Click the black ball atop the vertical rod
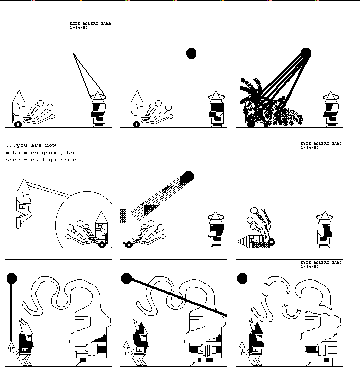[12, 278]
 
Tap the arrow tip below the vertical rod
[11, 343]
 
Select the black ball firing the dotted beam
[189, 176]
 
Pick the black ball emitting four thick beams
[306, 53]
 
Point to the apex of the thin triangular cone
[73, 53]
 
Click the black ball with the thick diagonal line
[127, 278]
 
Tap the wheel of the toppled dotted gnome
[271, 242]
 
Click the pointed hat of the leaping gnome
[24, 185]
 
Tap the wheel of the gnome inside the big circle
[102, 244]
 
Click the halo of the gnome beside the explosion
[331, 97]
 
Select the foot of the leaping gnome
[19, 222]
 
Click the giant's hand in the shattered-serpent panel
[323, 349]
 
